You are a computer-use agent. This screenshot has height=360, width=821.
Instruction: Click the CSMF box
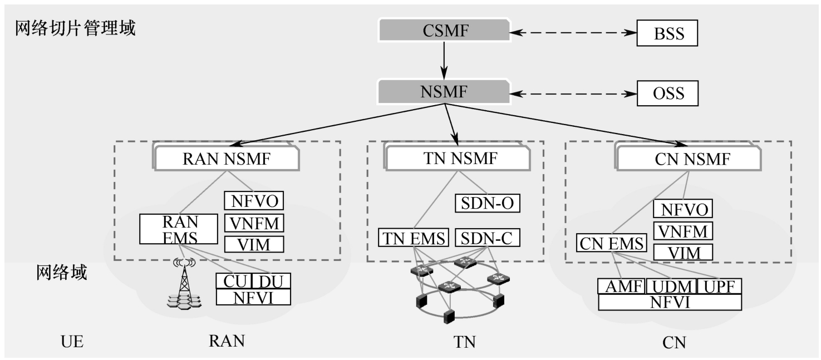444,30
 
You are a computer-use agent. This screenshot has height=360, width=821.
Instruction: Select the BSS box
667,34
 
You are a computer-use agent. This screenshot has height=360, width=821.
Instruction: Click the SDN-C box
488,238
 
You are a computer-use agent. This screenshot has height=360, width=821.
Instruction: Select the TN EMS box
414,238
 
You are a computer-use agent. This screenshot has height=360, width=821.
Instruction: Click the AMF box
621,287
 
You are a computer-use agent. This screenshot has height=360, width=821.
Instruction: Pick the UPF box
719,287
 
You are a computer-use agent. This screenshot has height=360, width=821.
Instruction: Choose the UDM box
671,287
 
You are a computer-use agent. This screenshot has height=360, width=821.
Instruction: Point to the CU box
234,281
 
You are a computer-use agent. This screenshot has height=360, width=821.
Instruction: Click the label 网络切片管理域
75,28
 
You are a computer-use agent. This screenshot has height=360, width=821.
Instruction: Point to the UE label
72,341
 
